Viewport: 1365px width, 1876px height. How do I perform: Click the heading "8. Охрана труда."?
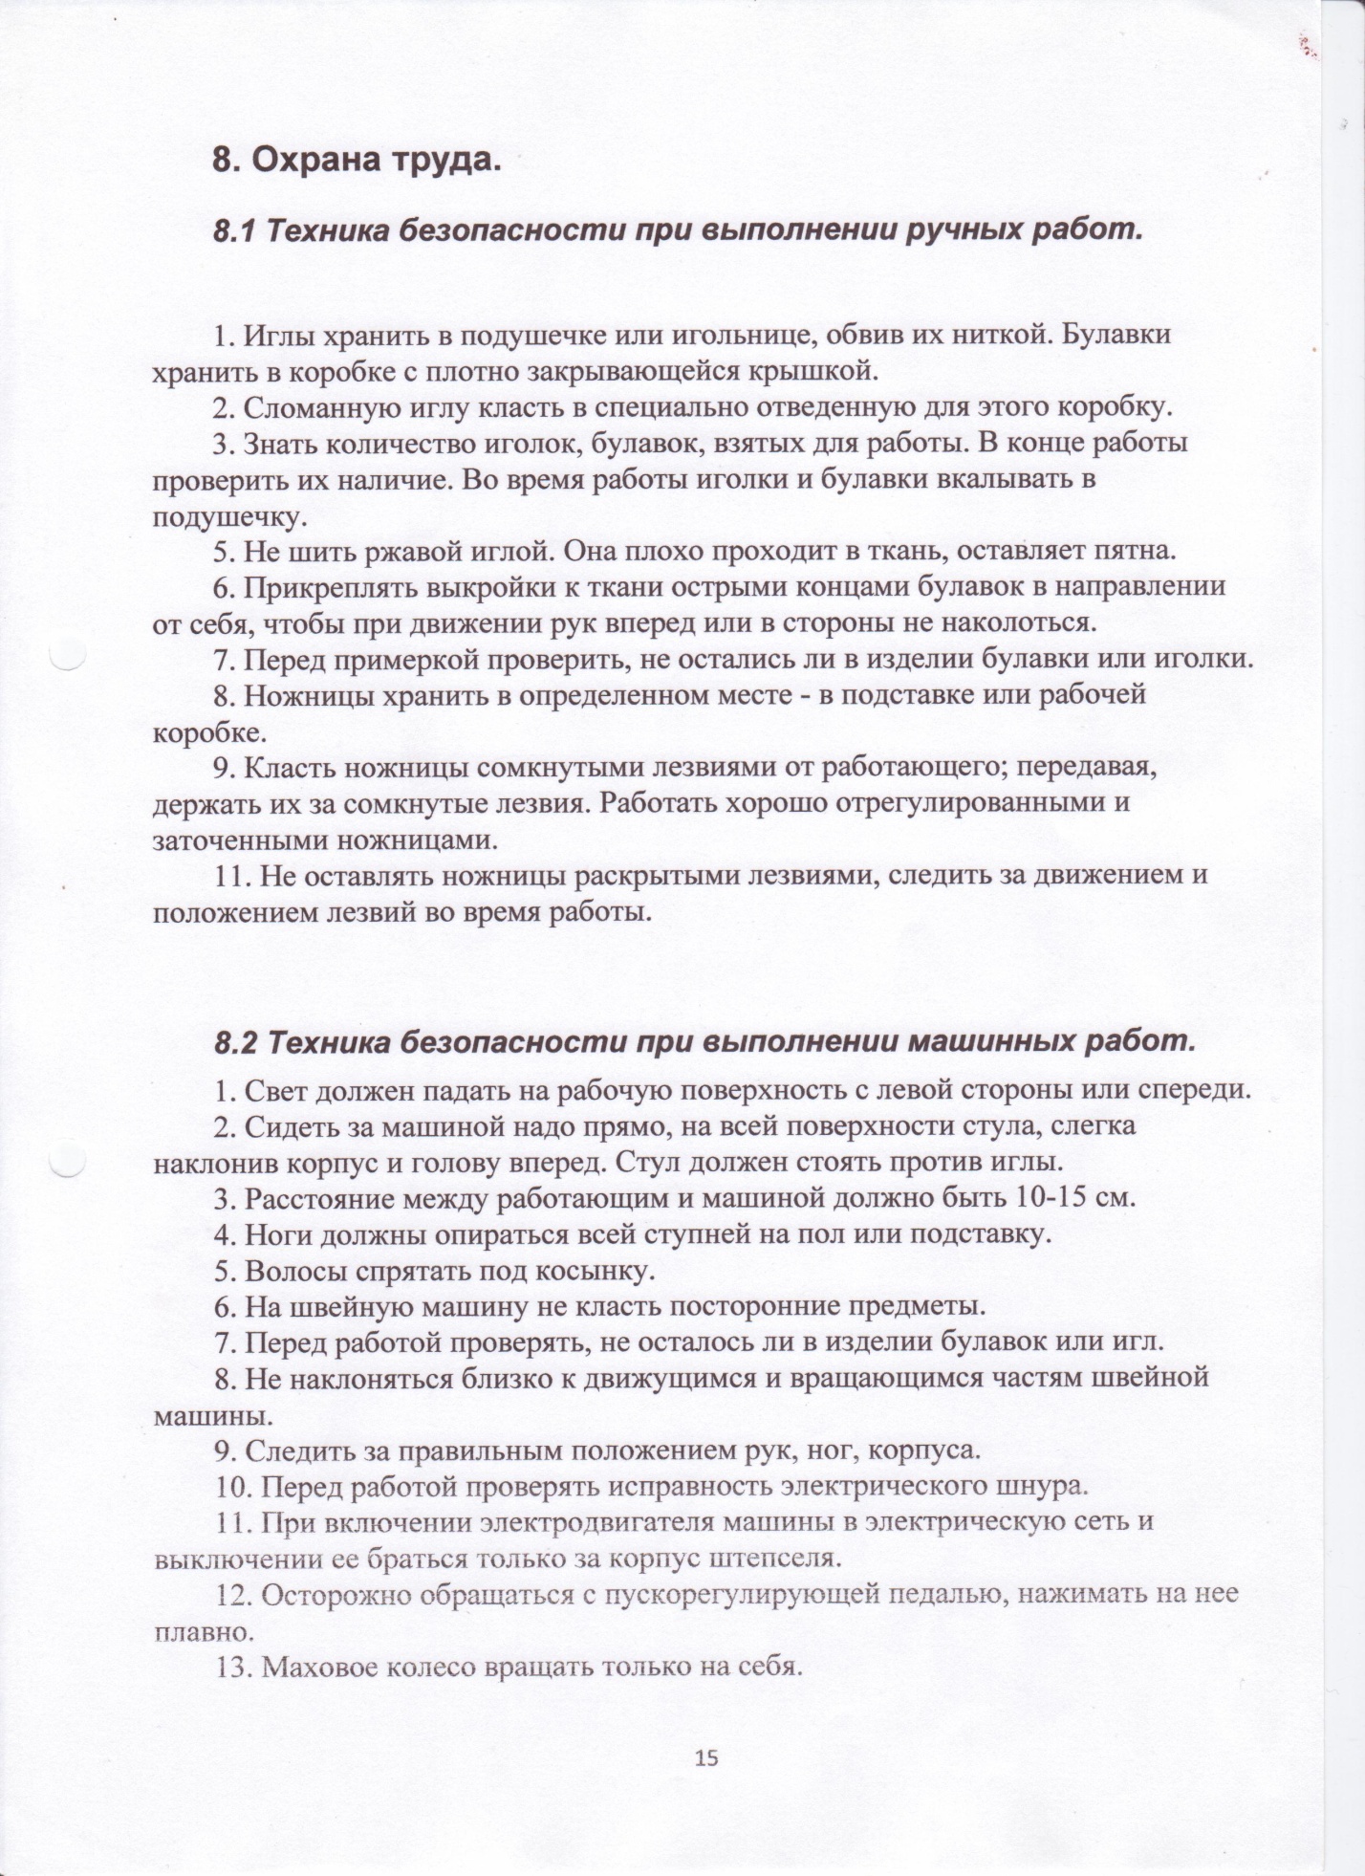[x=357, y=161]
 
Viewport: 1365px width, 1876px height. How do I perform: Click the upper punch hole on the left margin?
[x=68, y=657]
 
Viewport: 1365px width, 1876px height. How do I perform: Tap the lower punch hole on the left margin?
[x=68, y=1161]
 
